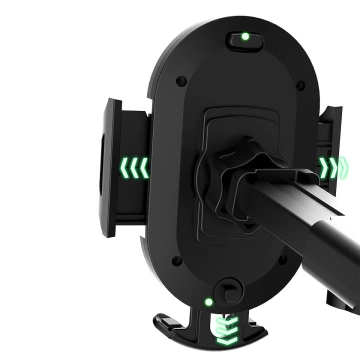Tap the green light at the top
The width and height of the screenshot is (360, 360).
(x=244, y=41)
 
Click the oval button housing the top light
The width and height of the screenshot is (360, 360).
(x=244, y=41)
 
